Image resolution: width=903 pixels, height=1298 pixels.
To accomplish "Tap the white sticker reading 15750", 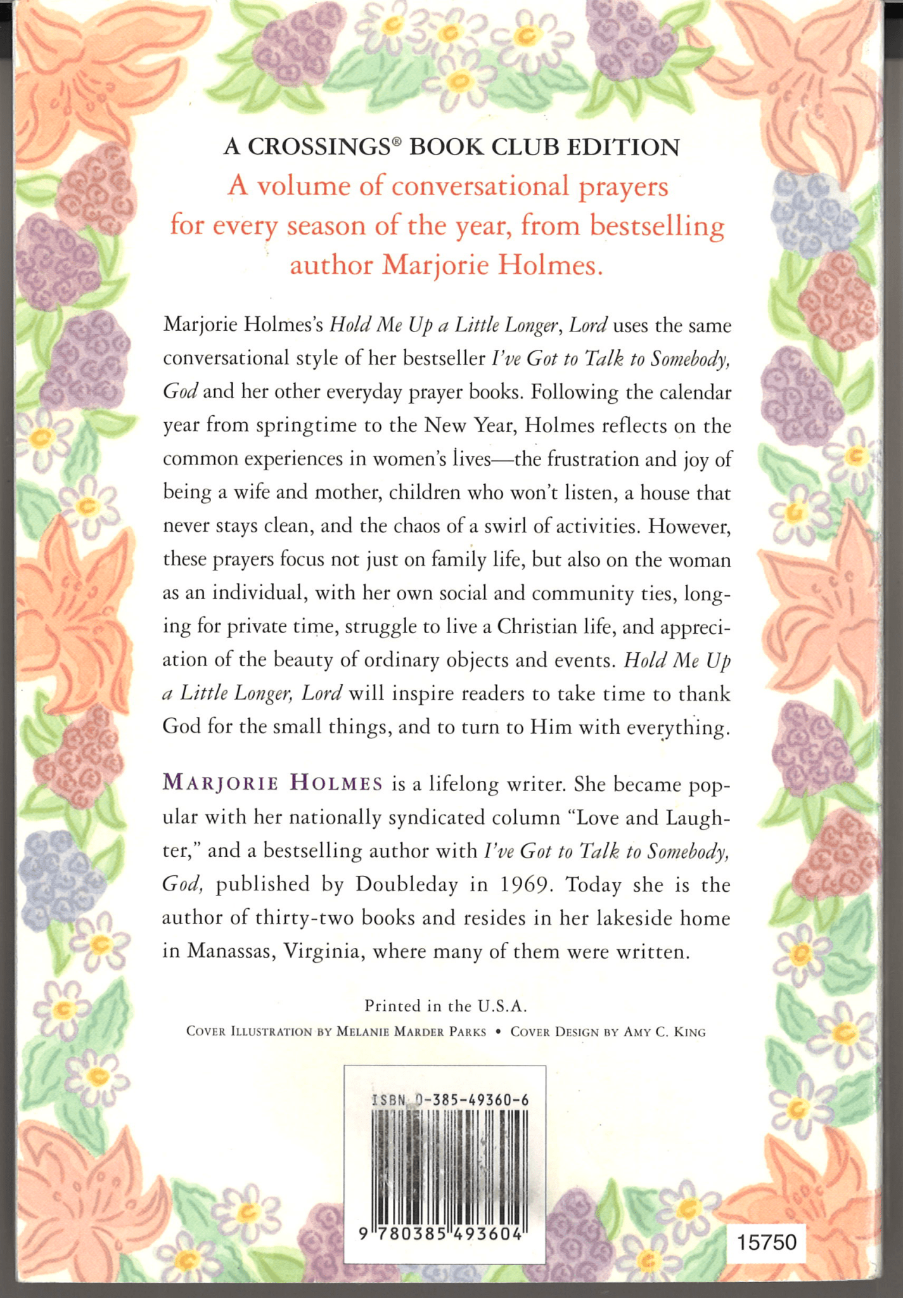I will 765,1241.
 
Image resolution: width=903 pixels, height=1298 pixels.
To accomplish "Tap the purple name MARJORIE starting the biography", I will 220,783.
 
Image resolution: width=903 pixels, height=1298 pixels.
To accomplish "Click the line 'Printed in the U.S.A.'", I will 445,1006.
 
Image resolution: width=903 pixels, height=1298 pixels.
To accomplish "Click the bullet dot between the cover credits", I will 498,1032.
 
